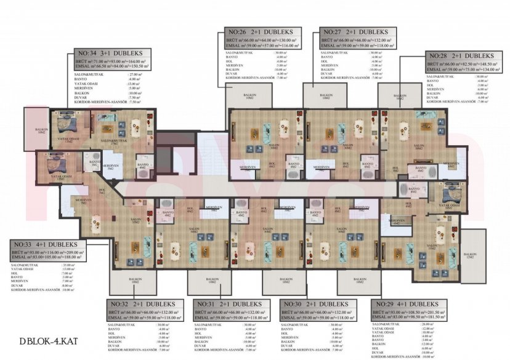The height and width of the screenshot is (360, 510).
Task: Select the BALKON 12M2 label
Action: coord(470,255)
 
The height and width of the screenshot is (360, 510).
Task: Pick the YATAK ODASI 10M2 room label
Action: coord(448,207)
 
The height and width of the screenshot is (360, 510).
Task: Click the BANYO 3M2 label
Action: coord(95,164)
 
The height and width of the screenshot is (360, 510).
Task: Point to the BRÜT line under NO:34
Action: coord(110,62)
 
